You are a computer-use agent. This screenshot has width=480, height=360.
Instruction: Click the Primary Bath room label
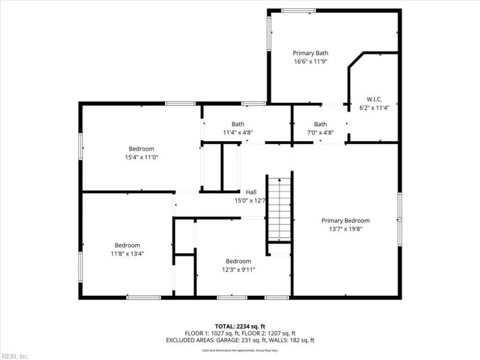(x=310, y=53)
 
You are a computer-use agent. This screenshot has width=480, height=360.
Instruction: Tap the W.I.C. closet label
(x=374, y=100)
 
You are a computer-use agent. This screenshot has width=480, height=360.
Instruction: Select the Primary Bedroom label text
(x=345, y=220)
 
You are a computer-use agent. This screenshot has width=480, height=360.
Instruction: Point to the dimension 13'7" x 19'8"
(x=345, y=229)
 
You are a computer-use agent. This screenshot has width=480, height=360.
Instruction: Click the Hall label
(x=251, y=192)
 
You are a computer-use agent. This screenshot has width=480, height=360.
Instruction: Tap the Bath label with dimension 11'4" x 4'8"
(x=238, y=124)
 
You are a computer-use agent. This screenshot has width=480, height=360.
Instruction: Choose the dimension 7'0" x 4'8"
(x=320, y=133)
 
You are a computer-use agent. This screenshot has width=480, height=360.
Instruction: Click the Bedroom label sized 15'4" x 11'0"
(x=141, y=149)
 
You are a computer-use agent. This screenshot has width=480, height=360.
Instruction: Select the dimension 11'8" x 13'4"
(x=127, y=253)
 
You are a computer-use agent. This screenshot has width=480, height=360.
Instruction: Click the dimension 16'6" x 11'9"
(x=310, y=61)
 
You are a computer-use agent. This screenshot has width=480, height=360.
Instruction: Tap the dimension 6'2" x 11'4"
(x=374, y=108)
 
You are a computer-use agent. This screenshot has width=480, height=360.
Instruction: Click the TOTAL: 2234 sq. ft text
(x=239, y=326)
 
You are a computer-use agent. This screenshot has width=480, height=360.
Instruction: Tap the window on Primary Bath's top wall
(x=298, y=10)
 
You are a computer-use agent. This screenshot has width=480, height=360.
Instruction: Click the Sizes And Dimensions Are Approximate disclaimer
(x=239, y=350)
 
